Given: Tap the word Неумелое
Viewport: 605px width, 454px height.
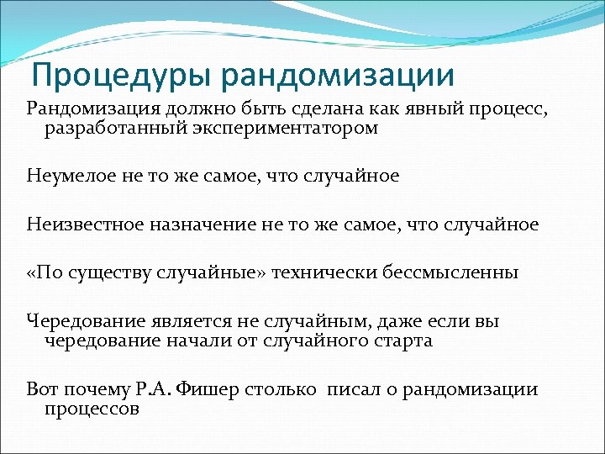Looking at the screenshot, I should (x=69, y=177).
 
